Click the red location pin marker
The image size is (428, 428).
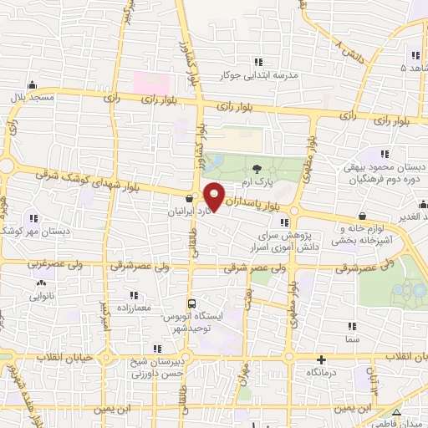coord(215,196)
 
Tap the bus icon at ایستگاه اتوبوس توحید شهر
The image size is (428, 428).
coord(192,303)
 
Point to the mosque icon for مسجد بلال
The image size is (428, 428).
coord(33,84)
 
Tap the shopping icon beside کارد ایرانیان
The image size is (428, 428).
coord(190,199)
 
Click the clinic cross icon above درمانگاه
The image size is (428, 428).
coord(320,359)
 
